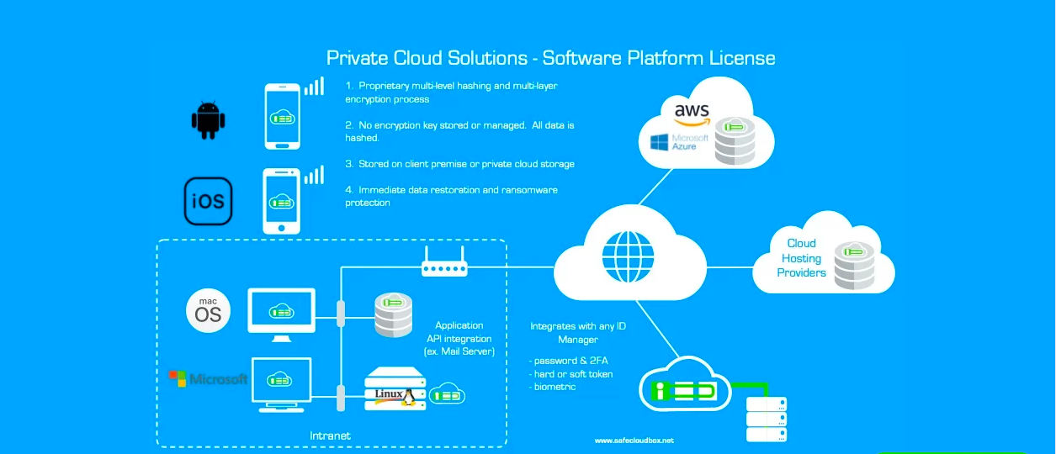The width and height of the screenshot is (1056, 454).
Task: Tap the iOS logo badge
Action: [208, 202]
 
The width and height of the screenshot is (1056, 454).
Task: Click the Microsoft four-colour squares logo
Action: [177, 378]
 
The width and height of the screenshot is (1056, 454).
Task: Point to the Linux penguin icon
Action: [408, 395]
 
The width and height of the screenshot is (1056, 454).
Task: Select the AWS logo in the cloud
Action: [691, 112]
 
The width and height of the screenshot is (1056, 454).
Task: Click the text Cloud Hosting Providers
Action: [801, 258]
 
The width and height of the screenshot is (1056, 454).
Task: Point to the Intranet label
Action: [330, 436]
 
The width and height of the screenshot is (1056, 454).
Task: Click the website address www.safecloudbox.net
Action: [634, 441]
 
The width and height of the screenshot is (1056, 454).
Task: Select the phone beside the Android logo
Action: [283, 116]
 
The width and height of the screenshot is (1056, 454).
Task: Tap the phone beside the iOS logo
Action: [282, 201]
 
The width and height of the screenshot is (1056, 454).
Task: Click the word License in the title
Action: [741, 58]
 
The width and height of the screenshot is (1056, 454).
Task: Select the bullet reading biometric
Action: [555, 387]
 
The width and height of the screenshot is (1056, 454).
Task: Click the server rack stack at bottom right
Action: [767, 419]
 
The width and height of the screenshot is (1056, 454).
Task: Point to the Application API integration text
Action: [459, 338]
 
